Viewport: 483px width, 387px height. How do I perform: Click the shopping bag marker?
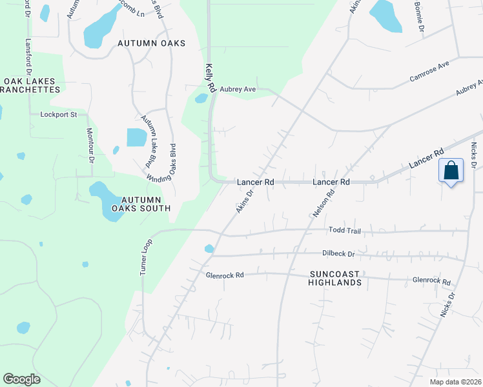coord(451,172)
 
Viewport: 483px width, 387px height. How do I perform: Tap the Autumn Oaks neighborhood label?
coord(151,43)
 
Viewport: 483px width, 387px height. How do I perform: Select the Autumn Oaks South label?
coord(141,204)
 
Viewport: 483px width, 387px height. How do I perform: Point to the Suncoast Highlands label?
coord(334,278)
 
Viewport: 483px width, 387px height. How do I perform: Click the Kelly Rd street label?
coord(209,77)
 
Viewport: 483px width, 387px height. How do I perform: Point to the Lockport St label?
coord(59,115)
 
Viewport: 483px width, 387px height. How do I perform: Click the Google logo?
coord(21,379)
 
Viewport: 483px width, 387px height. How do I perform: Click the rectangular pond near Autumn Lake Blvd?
coord(137,137)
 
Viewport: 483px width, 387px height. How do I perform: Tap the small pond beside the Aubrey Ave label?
coord(201,99)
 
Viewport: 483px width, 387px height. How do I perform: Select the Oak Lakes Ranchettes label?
coord(33,86)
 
